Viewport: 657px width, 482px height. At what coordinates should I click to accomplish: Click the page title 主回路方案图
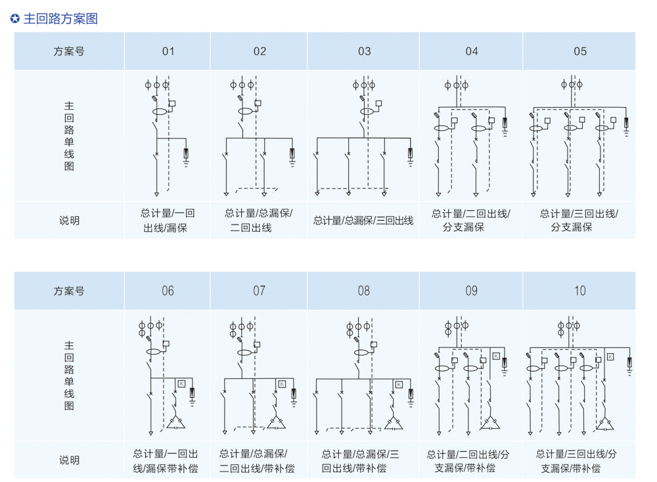pos(60,19)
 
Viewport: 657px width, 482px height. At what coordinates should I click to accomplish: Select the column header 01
pos(168,51)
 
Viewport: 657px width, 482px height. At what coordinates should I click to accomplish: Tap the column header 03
pos(364,51)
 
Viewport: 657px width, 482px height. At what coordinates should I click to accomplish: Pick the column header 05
pos(580,51)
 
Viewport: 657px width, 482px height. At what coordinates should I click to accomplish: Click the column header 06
pos(168,291)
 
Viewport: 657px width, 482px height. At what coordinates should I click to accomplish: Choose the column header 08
pos(364,291)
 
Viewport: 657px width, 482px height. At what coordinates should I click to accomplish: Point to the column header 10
pos(580,291)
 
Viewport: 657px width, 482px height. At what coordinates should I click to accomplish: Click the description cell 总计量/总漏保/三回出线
pos(363,221)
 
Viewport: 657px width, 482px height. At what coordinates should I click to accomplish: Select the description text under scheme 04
pos(470,221)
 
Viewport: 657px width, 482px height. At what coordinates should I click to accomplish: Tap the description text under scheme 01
pos(168,221)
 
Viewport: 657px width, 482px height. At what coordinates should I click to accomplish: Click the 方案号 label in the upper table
pos(69,51)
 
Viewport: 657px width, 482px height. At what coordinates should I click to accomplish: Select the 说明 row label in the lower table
pos(69,460)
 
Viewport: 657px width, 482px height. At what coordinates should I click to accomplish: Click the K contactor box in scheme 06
pos(182,383)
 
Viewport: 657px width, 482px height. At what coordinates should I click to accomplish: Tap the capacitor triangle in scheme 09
pos(488,424)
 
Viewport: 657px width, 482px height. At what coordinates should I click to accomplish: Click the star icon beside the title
pos(15,19)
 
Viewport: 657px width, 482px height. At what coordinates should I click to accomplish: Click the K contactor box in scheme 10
pos(610,356)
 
